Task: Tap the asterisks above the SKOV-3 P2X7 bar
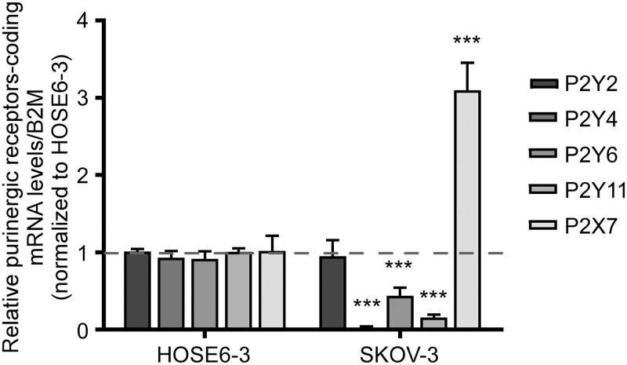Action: coord(468,40)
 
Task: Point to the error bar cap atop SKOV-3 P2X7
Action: coord(468,63)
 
